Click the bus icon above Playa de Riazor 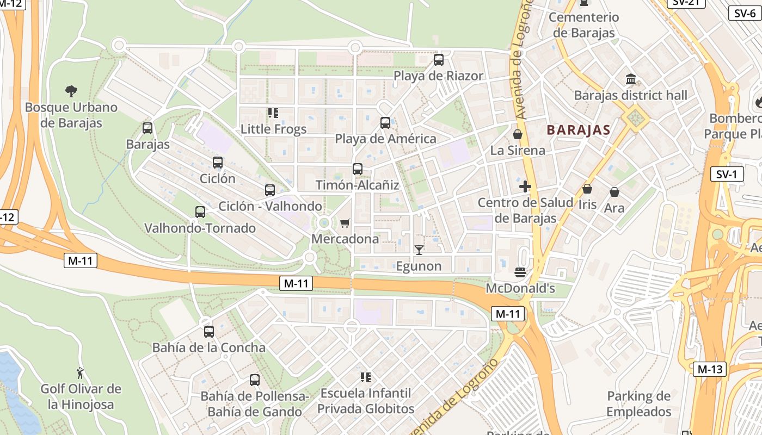(x=439, y=60)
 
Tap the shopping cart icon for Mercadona (x=345, y=223)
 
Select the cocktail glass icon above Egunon (x=419, y=250)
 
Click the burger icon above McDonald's (x=520, y=272)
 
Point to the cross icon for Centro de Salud (x=525, y=187)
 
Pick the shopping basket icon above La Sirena (x=518, y=134)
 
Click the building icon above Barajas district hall (x=631, y=79)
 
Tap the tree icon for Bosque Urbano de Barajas (x=71, y=91)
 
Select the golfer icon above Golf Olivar (x=81, y=373)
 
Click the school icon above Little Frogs (x=273, y=113)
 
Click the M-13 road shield (x=710, y=369)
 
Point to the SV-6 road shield (x=745, y=13)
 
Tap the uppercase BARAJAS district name (x=578, y=130)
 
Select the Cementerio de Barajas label (x=583, y=25)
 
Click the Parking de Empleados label (x=639, y=404)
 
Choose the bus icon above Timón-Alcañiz (x=358, y=169)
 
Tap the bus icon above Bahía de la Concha (x=209, y=332)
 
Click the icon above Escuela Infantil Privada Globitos (x=366, y=377)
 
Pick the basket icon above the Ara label (x=614, y=192)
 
